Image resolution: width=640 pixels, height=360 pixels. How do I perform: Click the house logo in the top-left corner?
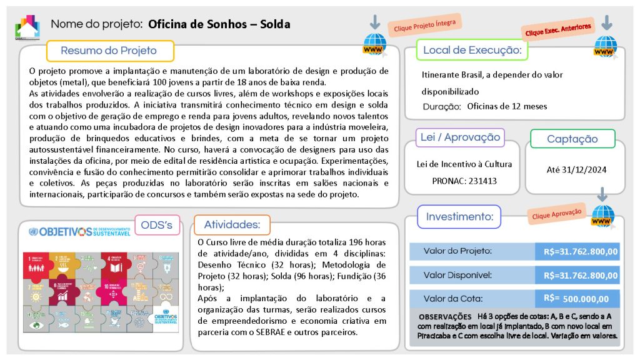(x=27, y=27)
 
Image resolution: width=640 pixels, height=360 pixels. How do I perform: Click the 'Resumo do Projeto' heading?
(x=109, y=51)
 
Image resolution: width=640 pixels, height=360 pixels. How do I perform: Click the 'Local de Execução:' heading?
(x=472, y=50)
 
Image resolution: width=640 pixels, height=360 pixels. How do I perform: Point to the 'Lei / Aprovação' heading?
(x=460, y=137)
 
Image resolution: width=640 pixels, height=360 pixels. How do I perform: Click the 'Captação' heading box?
(x=572, y=139)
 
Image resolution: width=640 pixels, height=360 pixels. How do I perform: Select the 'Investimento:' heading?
(x=459, y=217)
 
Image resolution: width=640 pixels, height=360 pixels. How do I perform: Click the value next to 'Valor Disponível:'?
(x=581, y=275)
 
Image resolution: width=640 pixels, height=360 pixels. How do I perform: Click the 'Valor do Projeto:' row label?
(x=457, y=251)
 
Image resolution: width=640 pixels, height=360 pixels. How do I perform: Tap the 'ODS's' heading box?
(x=157, y=225)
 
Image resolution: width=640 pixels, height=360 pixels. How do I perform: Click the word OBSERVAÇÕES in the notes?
(x=445, y=317)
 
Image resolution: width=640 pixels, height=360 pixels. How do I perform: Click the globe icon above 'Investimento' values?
(x=603, y=214)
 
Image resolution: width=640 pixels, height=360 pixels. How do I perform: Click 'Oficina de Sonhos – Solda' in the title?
(x=219, y=24)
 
